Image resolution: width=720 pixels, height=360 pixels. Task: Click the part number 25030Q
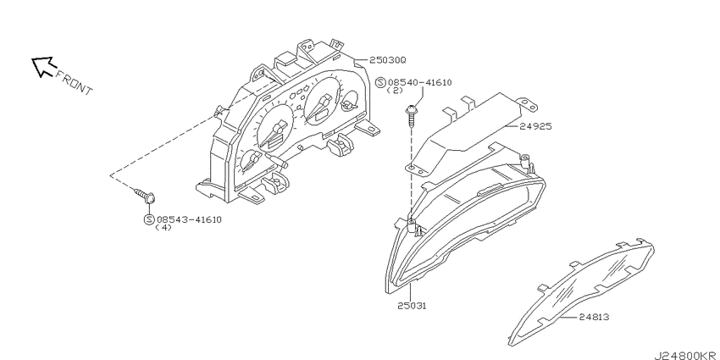coord(388,60)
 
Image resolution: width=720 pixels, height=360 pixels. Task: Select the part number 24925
coord(535,126)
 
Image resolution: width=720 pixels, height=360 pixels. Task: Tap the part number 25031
coord(412,305)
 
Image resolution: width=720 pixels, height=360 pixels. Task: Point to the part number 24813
coord(594,317)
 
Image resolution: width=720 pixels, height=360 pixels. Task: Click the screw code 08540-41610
coord(419,83)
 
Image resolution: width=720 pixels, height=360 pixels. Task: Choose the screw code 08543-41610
coord(189,219)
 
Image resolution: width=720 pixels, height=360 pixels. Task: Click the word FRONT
coord(74,83)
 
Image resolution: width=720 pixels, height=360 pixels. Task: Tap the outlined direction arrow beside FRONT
coord(42,67)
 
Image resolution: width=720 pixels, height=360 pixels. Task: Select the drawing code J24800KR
coord(686,356)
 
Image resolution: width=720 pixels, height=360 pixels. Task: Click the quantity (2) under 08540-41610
coord(395,91)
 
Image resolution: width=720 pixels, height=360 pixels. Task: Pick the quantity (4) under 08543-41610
coord(163,227)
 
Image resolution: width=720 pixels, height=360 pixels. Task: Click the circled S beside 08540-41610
coord(380,83)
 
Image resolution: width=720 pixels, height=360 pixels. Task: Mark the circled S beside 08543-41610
coord(149,219)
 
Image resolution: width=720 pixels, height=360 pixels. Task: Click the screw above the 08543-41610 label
coord(144,196)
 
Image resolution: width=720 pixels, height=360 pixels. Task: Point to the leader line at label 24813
coord(568,317)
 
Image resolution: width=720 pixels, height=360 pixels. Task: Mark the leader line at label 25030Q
coord(362,59)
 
